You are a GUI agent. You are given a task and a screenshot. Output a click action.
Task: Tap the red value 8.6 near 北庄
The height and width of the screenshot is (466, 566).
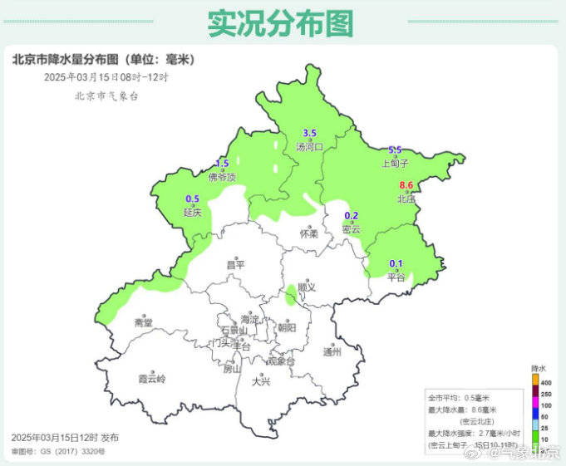pos(406,184)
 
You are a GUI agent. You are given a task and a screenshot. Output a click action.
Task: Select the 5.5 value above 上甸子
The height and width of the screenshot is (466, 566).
pos(396,150)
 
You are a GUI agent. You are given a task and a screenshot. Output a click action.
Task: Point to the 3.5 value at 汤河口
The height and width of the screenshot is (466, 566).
pos(310,133)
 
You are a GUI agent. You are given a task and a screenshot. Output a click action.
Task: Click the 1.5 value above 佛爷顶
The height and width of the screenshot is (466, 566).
pos(222,163)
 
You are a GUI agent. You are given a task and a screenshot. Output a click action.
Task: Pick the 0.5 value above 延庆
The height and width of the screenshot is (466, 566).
pos(192,199)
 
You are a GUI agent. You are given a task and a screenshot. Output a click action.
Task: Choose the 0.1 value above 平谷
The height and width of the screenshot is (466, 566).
pos(396,264)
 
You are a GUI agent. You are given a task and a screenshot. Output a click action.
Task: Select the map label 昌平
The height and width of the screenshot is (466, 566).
pos(236,264)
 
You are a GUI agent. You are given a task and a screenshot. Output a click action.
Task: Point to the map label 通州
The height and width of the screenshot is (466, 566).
pos(332,351)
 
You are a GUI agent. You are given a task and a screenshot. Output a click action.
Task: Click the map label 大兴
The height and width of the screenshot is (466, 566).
pos(261,381)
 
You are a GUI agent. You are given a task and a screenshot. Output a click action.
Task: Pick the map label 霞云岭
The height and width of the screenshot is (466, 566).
pos(152,379)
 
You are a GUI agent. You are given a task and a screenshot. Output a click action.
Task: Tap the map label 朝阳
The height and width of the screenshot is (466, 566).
pos(287,327)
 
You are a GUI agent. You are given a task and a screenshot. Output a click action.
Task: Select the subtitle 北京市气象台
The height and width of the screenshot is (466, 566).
pos(106,96)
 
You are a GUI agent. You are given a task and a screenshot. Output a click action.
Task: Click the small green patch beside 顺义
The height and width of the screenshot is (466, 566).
pos(290,294)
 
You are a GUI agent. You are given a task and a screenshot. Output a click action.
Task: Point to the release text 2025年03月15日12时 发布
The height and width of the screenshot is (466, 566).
pos(66,437)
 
